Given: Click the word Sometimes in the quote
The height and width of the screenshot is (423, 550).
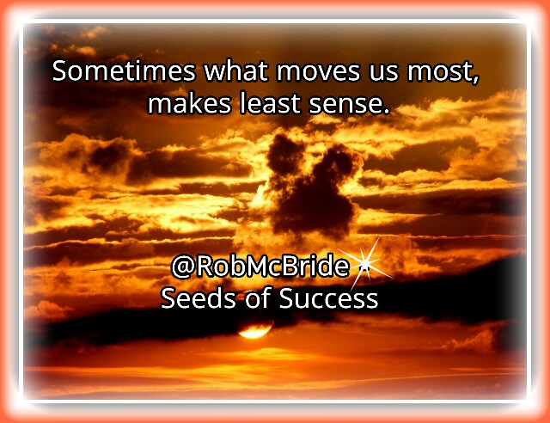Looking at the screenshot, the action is (x=124, y=70).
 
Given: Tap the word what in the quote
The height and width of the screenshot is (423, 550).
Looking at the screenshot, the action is (x=235, y=70).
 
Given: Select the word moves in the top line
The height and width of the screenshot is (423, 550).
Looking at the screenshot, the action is (x=318, y=73).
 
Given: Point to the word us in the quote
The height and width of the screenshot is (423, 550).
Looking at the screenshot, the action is (x=383, y=73).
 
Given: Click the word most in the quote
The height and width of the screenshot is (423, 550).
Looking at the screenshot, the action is (x=440, y=71).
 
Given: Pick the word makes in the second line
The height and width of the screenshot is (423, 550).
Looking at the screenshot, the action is (x=189, y=104).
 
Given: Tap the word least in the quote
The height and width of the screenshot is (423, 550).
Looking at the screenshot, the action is (x=269, y=104).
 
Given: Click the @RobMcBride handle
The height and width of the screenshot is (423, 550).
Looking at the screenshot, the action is (x=260, y=267).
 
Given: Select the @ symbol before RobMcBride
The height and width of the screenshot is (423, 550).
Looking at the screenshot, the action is (x=183, y=267).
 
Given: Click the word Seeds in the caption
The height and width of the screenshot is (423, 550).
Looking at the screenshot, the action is (x=199, y=298).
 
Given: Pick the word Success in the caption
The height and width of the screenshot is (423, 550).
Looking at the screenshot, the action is (x=328, y=299).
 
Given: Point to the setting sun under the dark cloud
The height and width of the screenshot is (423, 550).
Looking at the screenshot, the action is (x=254, y=330).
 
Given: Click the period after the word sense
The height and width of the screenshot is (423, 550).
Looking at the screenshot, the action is (x=387, y=113).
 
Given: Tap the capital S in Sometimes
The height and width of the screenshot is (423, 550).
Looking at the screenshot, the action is (x=59, y=71).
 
